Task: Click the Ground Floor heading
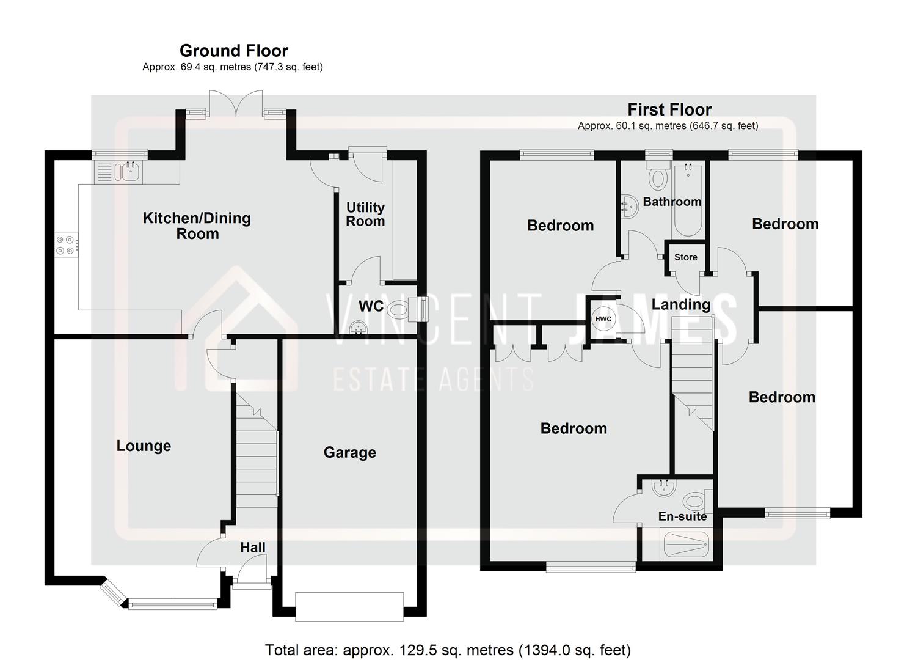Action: click(233, 51)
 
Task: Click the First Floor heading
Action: click(669, 110)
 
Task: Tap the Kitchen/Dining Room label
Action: click(197, 226)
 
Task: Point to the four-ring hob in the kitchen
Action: click(65, 245)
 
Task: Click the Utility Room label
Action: click(365, 215)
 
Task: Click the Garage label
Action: click(349, 453)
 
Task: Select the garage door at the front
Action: click(349, 606)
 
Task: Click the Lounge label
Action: click(144, 446)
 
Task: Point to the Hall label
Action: click(252, 548)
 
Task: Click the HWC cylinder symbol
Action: click(603, 319)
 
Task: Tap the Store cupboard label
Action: click(685, 257)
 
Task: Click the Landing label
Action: click(680, 304)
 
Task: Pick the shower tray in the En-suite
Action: click(686, 544)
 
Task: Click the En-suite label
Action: click(682, 516)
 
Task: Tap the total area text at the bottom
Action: click(448, 650)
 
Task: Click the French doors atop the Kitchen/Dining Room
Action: click(236, 103)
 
